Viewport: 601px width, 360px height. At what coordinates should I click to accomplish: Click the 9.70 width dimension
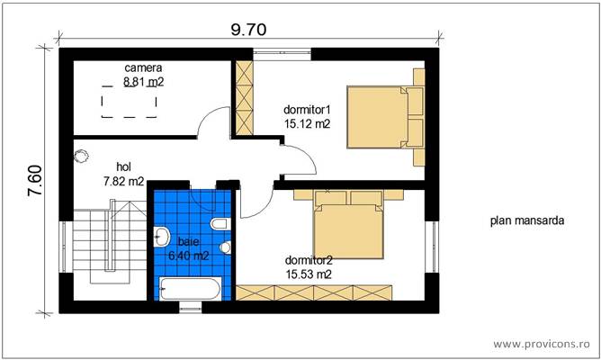pyautogui.click(x=248, y=29)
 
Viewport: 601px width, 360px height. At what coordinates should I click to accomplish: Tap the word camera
pyautogui.click(x=143, y=67)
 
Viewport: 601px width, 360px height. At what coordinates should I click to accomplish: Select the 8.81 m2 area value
pyautogui.click(x=144, y=81)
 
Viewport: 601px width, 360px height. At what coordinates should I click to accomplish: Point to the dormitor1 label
pyautogui.click(x=307, y=111)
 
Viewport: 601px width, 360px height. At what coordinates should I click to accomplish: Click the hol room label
pyautogui.click(x=124, y=166)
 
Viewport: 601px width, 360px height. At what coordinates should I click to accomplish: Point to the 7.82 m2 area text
pyautogui.click(x=124, y=180)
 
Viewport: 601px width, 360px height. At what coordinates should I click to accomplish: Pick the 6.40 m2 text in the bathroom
pyautogui.click(x=189, y=256)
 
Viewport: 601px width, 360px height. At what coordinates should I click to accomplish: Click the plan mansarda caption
pyautogui.click(x=527, y=220)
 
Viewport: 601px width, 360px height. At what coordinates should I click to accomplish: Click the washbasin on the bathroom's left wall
pyautogui.click(x=162, y=238)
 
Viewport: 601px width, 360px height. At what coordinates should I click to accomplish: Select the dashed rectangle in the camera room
pyautogui.click(x=126, y=105)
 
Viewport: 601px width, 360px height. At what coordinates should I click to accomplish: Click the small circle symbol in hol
pyautogui.click(x=84, y=155)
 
